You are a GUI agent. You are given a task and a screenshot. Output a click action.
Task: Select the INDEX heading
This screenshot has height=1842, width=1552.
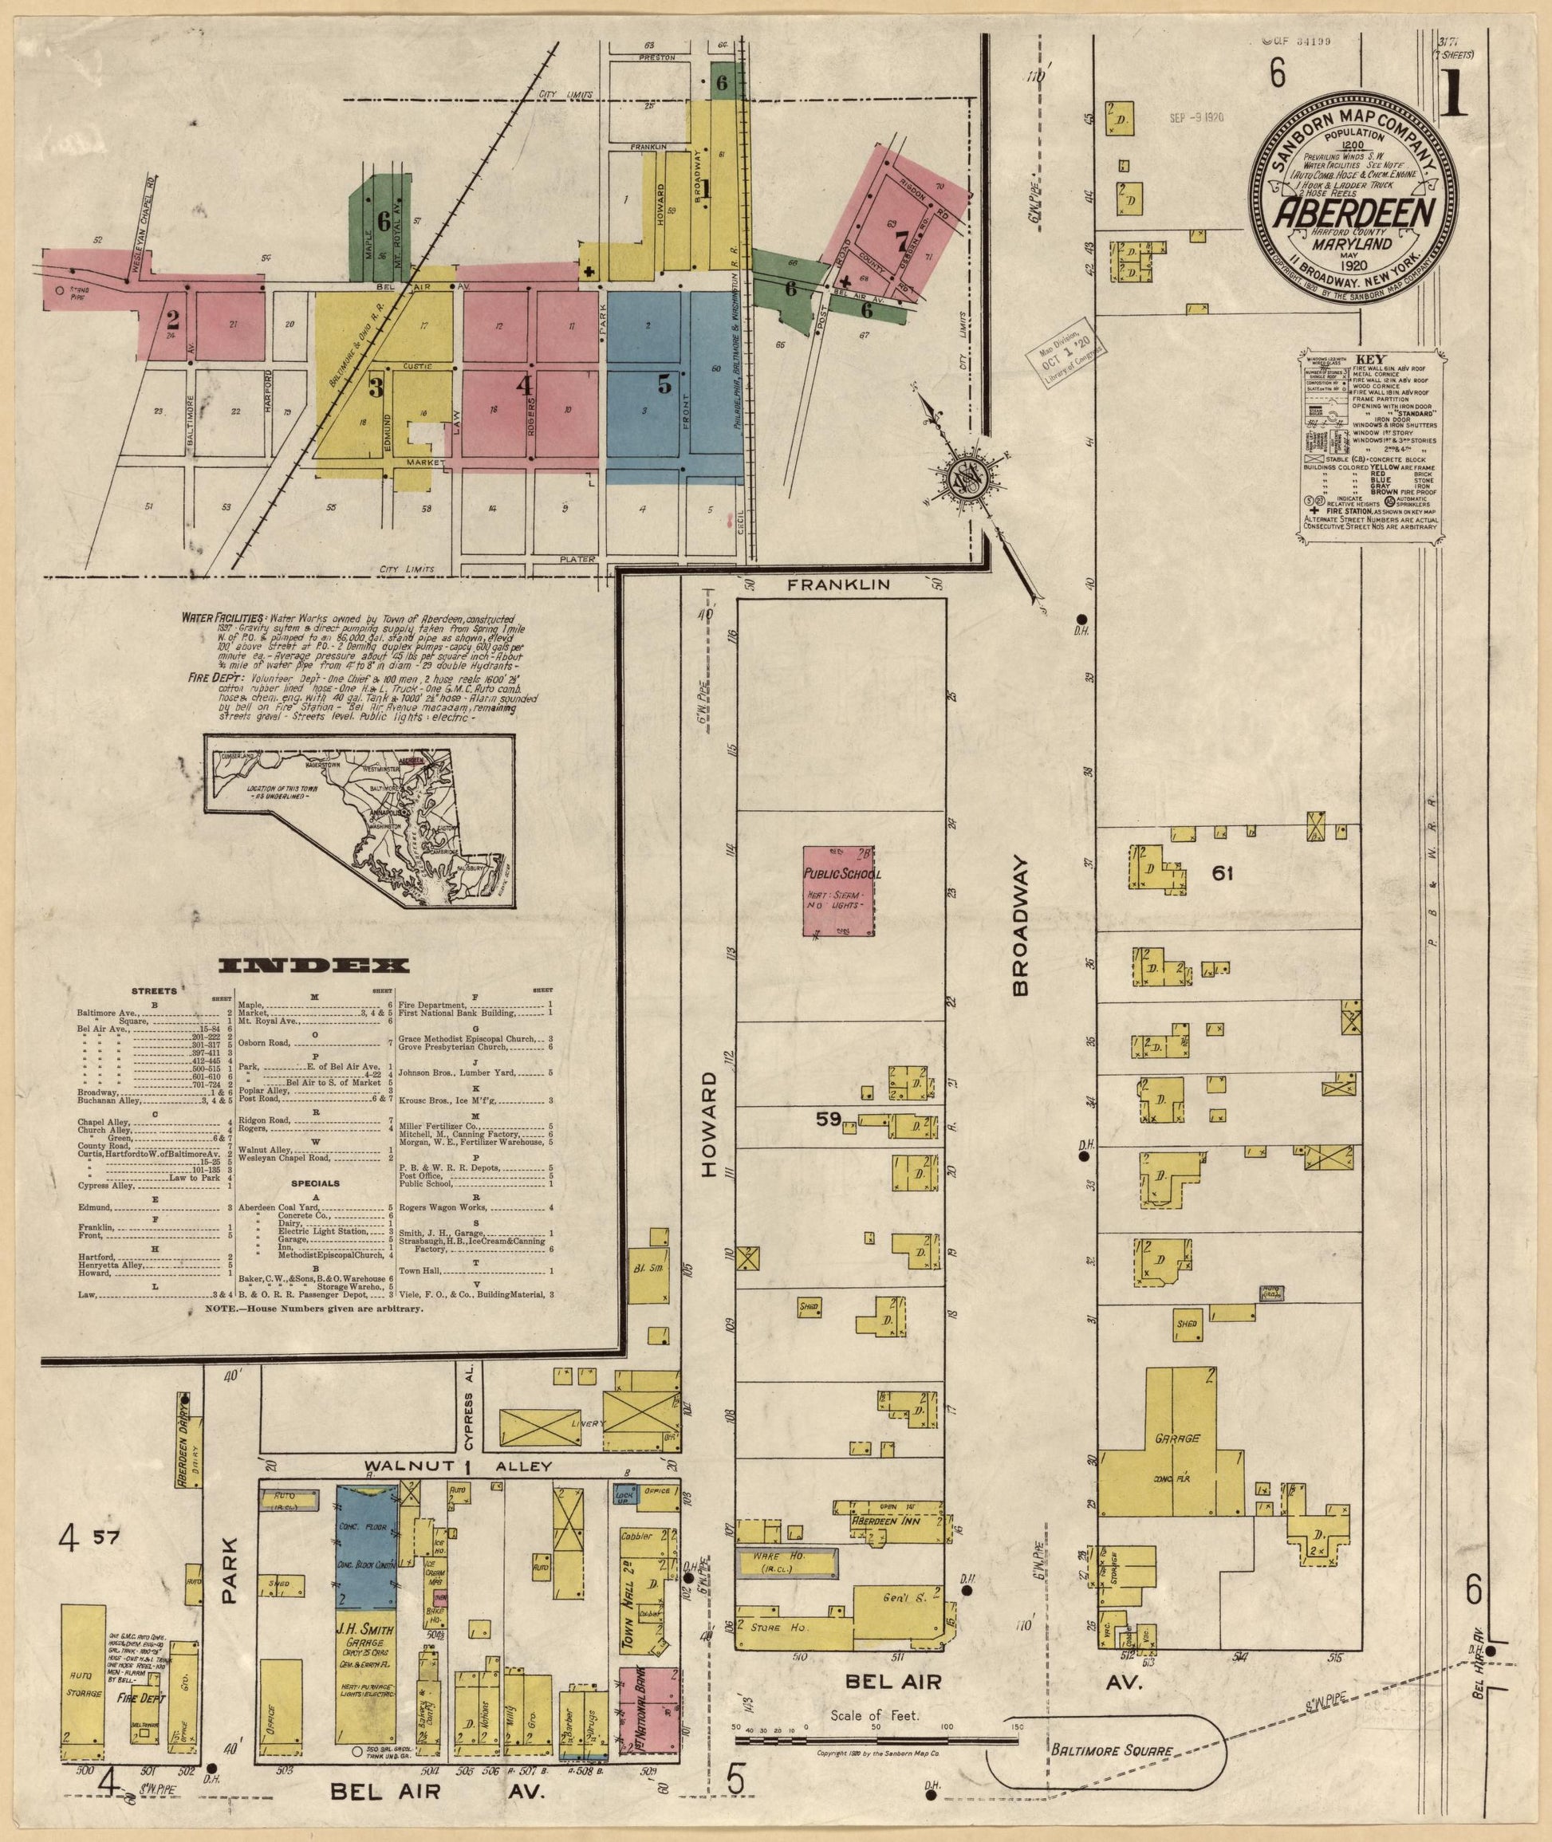click(312, 966)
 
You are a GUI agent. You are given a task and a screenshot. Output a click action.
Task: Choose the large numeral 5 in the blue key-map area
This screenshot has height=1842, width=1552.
click(664, 384)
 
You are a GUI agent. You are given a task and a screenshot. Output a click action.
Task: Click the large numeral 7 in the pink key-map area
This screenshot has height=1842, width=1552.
click(900, 240)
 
